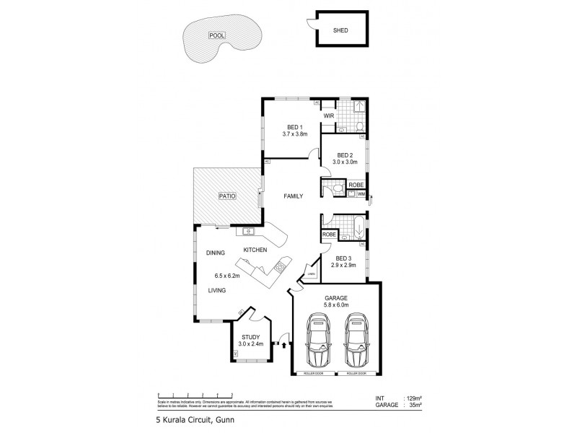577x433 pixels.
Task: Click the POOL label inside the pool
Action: click(216, 35)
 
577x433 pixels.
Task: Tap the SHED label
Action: click(340, 31)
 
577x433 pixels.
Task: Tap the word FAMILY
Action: click(293, 196)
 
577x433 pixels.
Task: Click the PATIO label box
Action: click(229, 195)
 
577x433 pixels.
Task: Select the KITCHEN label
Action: click(255, 250)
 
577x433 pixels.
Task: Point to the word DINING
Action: click(216, 253)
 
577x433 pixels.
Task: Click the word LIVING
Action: click(217, 290)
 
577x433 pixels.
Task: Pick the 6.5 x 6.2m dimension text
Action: click(227, 275)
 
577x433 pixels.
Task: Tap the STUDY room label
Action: click(250, 336)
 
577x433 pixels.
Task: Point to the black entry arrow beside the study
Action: click(284, 345)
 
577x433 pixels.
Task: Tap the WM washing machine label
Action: click(361, 195)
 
